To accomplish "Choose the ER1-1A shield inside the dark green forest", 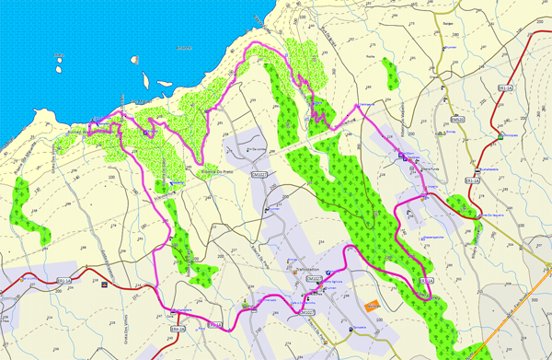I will pyautogui.click(x=426, y=280).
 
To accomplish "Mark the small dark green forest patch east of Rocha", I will pyautogui.click(x=389, y=75).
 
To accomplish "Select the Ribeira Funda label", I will pyautogui.click(x=431, y=168).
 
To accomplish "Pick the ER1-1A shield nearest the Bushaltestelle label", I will pyautogui.click(x=474, y=181).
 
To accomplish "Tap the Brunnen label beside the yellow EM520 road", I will pyautogui.click(x=450, y=46).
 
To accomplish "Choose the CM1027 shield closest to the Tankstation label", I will pyautogui.click(x=313, y=278).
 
